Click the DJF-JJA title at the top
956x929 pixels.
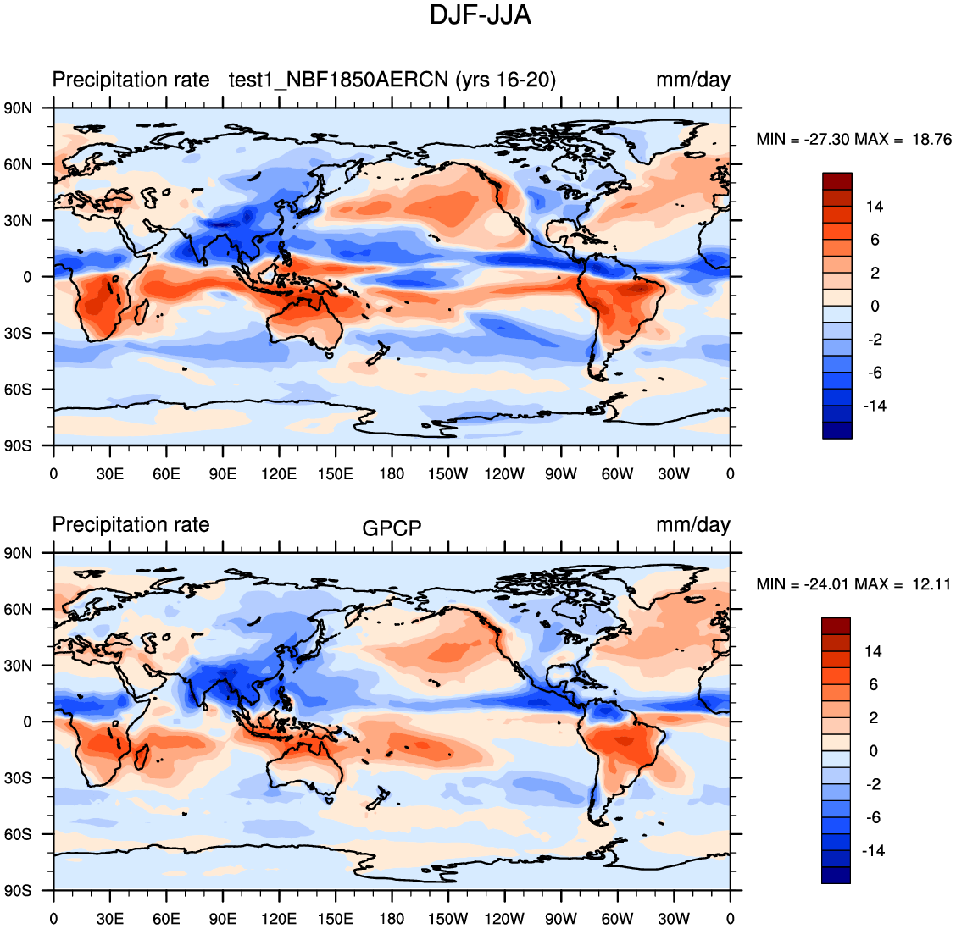[480, 15]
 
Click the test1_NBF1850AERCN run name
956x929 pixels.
[341, 80]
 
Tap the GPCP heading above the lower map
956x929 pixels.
[392, 528]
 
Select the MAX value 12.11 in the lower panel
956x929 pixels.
[931, 584]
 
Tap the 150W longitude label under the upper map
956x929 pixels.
[447, 474]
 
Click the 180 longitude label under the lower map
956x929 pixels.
[392, 919]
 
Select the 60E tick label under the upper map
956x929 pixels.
[166, 474]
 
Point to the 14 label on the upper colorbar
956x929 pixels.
[874, 207]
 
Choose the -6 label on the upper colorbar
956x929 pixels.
[874, 373]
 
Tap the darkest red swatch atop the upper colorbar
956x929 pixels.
[837, 181]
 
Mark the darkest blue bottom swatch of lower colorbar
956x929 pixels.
[836, 875]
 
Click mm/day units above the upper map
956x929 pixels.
[692, 80]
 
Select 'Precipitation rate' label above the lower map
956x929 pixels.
[131, 525]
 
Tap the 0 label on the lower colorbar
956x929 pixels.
[874, 751]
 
